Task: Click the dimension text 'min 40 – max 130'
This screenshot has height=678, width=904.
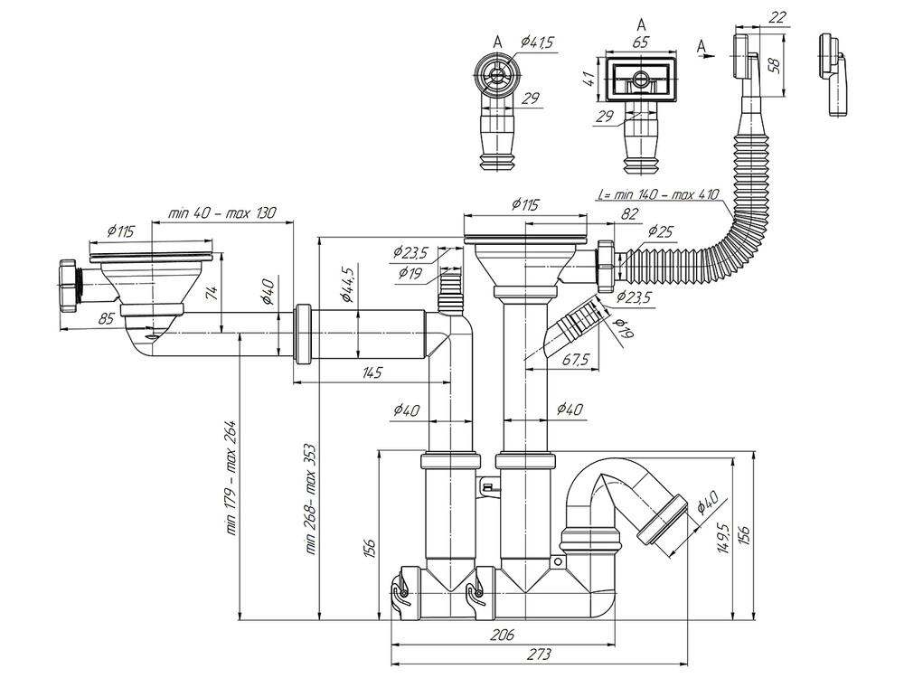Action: click(x=222, y=213)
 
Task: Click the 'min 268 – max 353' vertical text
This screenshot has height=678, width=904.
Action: click(x=310, y=497)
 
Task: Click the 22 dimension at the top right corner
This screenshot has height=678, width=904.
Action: click(x=777, y=17)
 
